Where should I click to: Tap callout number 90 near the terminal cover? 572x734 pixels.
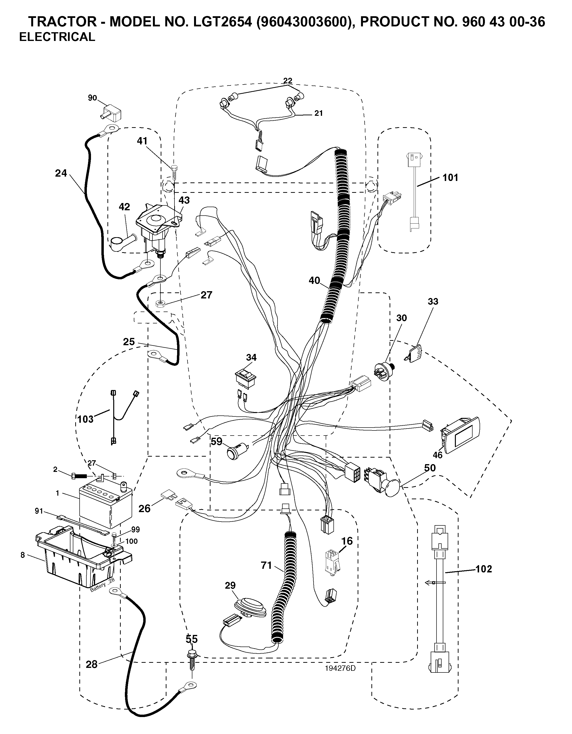tap(92, 98)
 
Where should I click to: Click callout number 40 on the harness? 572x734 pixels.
tap(315, 280)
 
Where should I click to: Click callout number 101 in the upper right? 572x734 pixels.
tap(450, 178)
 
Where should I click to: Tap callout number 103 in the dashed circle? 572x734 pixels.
tap(85, 419)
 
